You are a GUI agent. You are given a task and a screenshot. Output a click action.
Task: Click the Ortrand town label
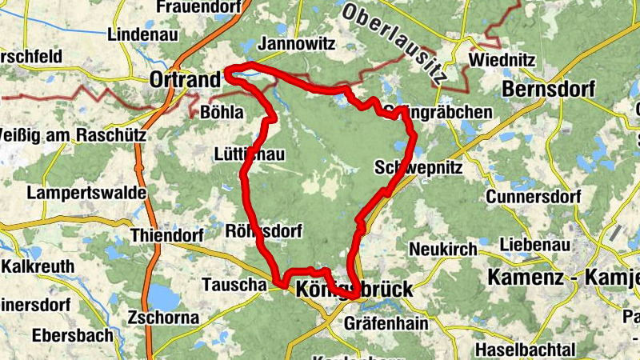click(x=185, y=81)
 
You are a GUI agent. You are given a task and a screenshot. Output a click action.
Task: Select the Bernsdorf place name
click(x=548, y=89)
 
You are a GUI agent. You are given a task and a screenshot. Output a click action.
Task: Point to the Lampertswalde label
click(x=86, y=193)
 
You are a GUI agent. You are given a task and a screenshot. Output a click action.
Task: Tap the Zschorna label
click(x=163, y=318)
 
